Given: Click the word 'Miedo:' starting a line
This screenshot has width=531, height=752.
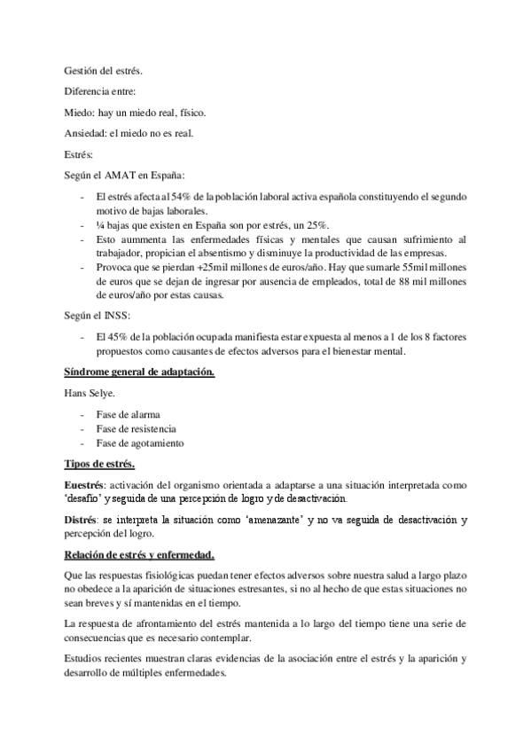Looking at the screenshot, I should (80, 112).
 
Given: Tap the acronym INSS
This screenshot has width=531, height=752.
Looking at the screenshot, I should (118, 317).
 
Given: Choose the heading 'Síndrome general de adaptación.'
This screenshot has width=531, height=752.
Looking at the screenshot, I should (139, 372).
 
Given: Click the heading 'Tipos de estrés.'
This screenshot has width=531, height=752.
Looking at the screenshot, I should (99, 465).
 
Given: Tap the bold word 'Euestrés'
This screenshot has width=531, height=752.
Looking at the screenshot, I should (84, 486).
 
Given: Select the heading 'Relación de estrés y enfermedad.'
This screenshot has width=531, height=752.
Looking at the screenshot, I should (140, 555).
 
